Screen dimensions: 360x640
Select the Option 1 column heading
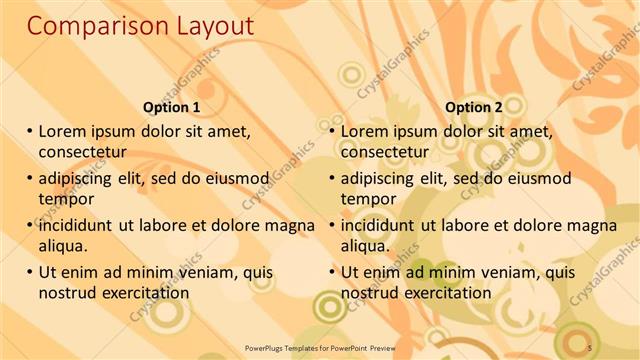(x=171, y=107)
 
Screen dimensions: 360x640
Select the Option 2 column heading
(x=474, y=107)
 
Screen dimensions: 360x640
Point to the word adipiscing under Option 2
(x=379, y=178)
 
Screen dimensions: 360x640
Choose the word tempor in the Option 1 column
(x=65, y=199)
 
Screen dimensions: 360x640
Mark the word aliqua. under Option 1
(x=64, y=246)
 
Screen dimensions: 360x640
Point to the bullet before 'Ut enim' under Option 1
(x=30, y=272)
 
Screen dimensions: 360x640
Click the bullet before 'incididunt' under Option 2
(x=333, y=226)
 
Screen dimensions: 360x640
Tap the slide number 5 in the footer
(x=590, y=346)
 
